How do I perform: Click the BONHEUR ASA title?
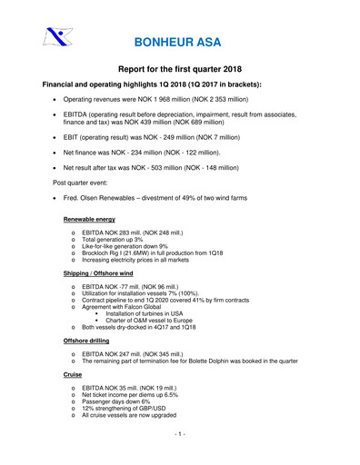coord(179,43)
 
